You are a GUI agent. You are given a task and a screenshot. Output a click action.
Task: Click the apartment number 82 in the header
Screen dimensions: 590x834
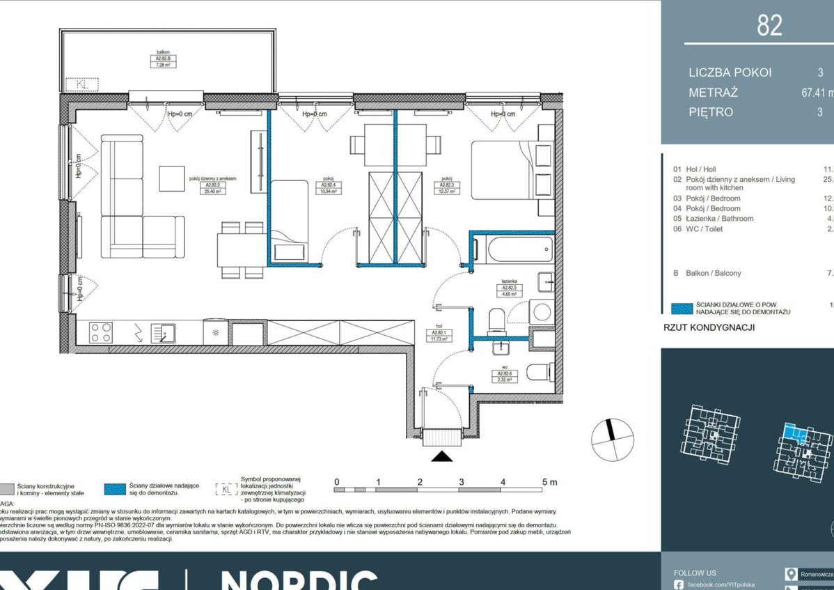[x=769, y=25]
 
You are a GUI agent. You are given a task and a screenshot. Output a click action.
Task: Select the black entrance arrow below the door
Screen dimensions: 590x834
[x=442, y=456]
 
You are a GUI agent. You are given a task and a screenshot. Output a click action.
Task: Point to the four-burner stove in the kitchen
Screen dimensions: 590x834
[x=101, y=332]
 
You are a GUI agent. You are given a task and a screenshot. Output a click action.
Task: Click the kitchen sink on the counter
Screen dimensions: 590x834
[x=164, y=333]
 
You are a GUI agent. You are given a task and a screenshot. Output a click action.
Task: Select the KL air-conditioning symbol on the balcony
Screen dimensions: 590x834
[x=82, y=84]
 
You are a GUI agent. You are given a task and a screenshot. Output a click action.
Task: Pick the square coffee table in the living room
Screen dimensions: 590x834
[x=171, y=178]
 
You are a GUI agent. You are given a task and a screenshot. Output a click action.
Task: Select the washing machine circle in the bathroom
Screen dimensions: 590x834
[x=541, y=311]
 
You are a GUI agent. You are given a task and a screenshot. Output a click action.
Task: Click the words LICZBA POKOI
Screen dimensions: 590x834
[x=730, y=72]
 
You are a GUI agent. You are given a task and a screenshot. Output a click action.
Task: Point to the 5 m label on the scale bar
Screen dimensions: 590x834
[x=549, y=482]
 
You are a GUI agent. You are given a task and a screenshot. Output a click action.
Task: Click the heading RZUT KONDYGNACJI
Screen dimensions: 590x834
[x=709, y=327]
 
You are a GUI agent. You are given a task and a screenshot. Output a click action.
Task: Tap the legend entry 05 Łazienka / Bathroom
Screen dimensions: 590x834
[x=713, y=219]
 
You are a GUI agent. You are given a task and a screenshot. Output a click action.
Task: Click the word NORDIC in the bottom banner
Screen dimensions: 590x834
[x=299, y=580]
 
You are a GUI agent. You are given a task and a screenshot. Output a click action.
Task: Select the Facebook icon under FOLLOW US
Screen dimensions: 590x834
[x=678, y=584]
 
